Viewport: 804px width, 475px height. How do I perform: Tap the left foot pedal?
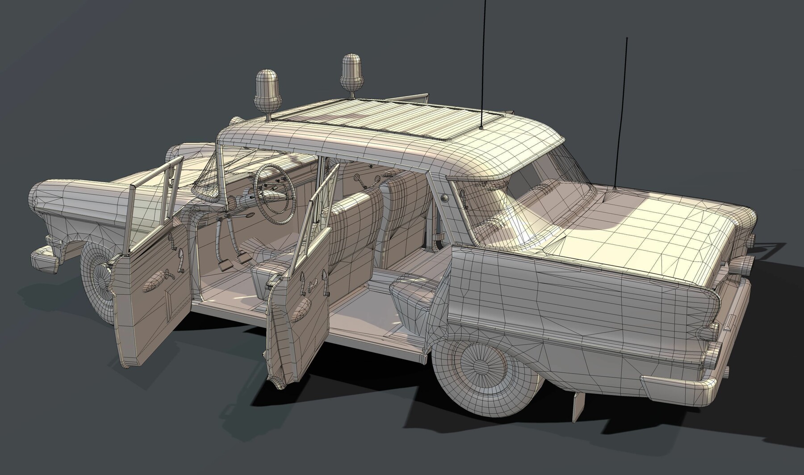pyautogui.click(x=223, y=266)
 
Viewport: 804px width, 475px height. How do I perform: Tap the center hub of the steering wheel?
pyautogui.click(x=272, y=194)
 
